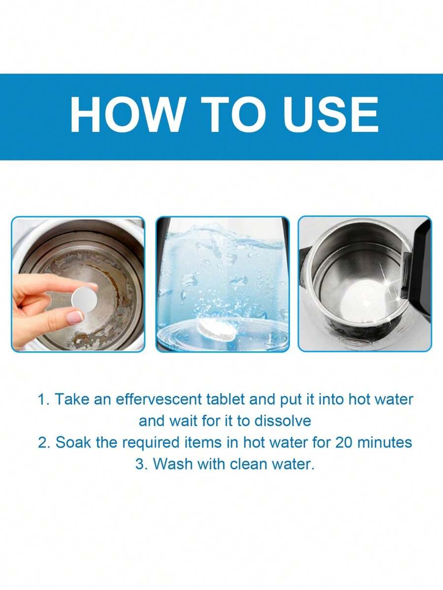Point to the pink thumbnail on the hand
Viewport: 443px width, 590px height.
pos(75,318)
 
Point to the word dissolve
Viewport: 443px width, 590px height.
pos(285,421)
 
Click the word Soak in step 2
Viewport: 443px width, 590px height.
pos(72,442)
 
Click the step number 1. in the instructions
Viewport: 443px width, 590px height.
pos(44,399)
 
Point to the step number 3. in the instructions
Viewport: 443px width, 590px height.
pos(142,464)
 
